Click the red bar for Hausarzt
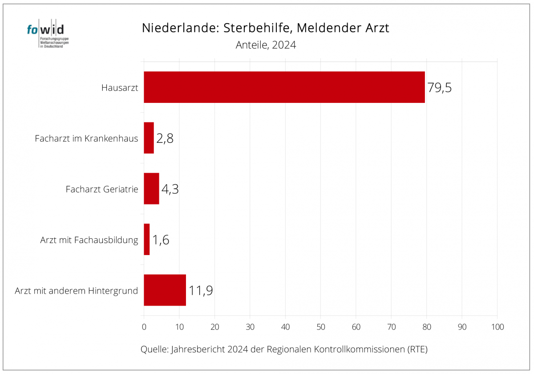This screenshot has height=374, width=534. coord(284,87)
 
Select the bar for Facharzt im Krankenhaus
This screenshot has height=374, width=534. coord(149,138)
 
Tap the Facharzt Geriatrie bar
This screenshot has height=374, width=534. coord(151,189)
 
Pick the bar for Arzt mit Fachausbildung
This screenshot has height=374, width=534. coord(147,240)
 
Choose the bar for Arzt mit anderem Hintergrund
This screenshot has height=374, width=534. coord(165,290)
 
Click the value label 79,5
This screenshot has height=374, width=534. coord(440,87)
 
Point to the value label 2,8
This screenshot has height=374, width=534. coord(165,138)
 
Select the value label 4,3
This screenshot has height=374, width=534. coord(170,189)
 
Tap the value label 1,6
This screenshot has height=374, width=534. coord(161,240)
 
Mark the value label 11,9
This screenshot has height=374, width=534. coord(201,291)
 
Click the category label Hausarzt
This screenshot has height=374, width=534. coord(120,88)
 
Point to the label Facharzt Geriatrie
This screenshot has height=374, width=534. coord(102,189)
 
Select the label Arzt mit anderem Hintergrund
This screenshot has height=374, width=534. coord(76,291)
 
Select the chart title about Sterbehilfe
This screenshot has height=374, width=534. coord(266,28)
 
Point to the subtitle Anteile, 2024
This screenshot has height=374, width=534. coord(266,45)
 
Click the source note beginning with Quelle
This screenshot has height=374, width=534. coord(284,349)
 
